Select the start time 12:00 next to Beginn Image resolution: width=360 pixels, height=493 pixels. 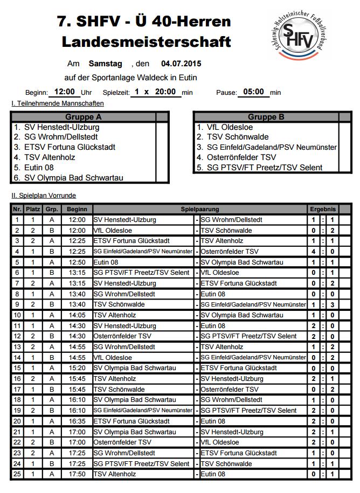coord(65,92)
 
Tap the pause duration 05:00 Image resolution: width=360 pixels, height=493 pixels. coord(253,92)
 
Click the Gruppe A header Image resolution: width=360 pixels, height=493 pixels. coord(84,117)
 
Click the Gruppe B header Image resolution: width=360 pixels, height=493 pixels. coord(266,117)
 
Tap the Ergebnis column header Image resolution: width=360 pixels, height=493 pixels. coord(323,209)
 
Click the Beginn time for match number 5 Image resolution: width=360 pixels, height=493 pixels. coord(77,262)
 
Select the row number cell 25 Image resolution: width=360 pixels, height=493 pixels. coord(17,474)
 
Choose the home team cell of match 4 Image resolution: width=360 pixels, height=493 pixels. coord(142,252)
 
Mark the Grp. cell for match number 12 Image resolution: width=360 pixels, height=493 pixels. coord(52,336)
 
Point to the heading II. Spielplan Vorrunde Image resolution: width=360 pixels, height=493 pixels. coord(44,196)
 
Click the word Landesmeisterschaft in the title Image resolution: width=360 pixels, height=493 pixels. coord(146,41)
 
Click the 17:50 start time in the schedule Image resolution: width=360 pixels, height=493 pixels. coord(77,474)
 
